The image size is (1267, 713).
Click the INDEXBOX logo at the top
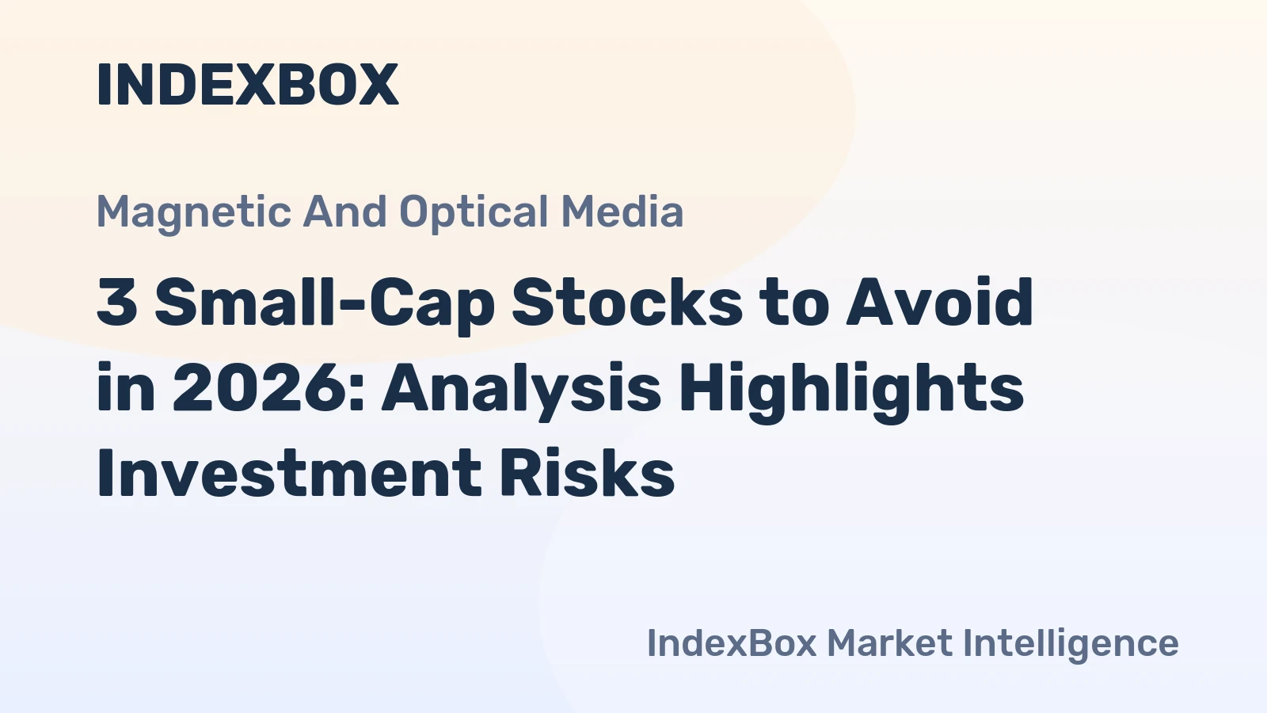click(x=247, y=85)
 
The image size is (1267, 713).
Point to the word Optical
click(x=474, y=212)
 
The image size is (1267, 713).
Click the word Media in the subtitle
click(x=622, y=212)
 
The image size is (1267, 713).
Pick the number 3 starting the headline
click(x=117, y=303)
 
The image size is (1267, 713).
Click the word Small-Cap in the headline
click(x=325, y=303)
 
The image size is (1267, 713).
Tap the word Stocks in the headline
click(x=626, y=303)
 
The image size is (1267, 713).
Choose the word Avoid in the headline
click(x=940, y=303)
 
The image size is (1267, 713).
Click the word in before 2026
click(x=126, y=388)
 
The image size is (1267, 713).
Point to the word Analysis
click(x=521, y=388)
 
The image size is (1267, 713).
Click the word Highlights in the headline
click(x=851, y=388)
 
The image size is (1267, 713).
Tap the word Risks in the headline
click(x=587, y=474)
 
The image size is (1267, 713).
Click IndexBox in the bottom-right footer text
click(x=731, y=643)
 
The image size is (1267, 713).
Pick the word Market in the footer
click(x=889, y=643)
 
